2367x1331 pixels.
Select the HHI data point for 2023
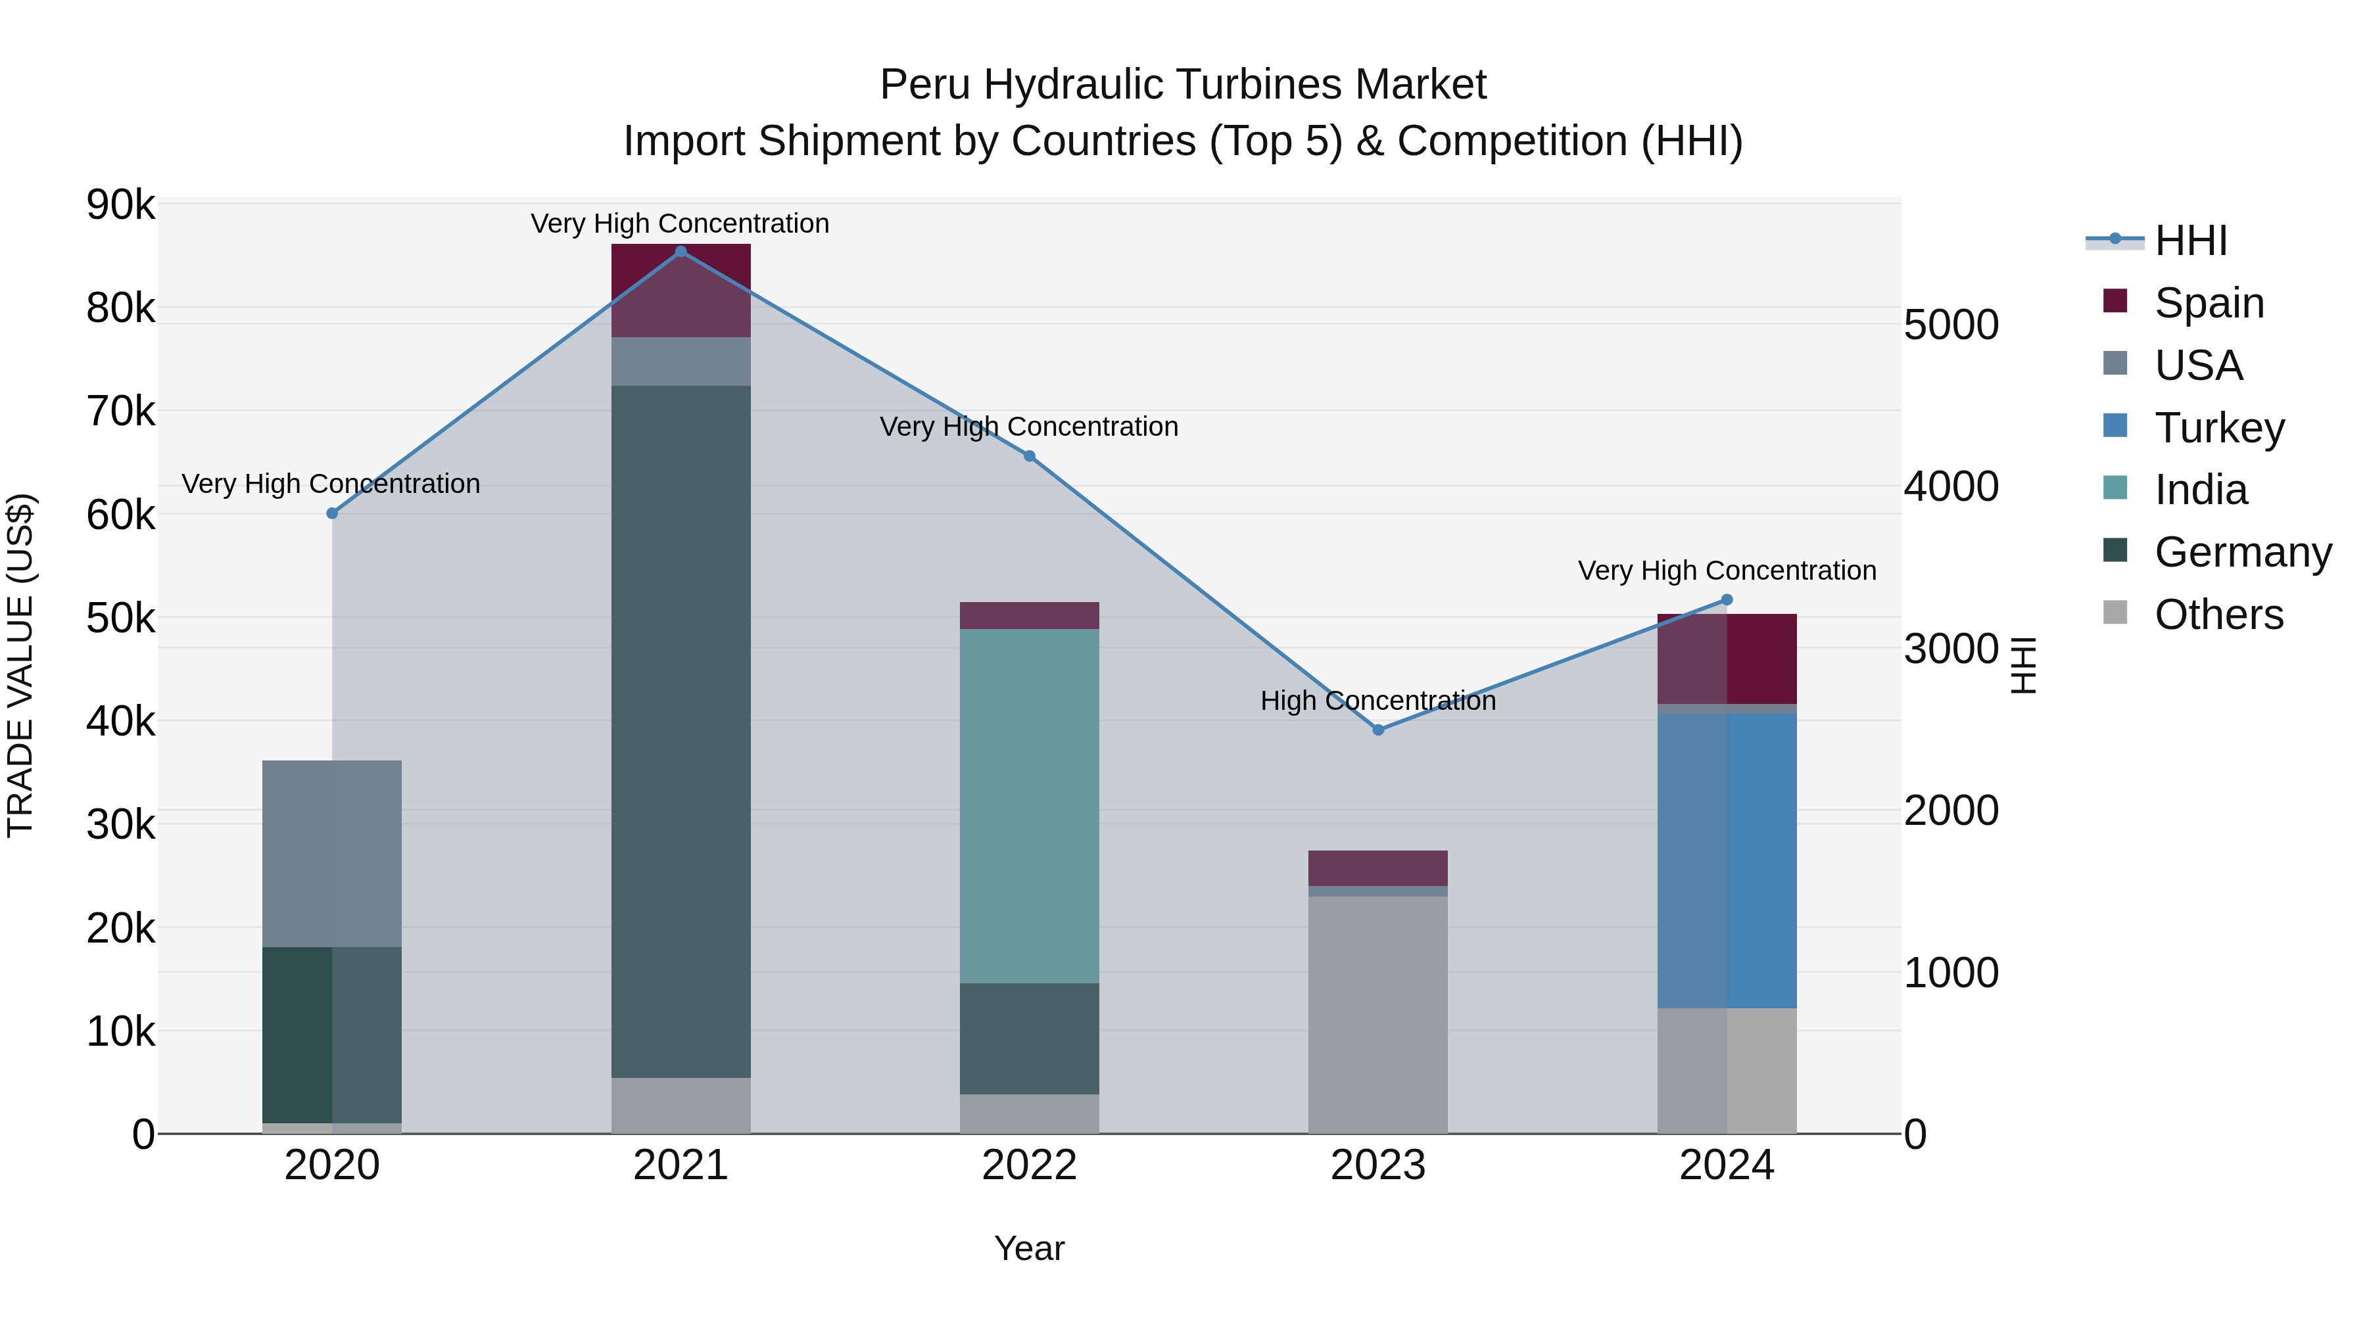[1377, 730]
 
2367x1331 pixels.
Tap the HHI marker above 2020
[333, 513]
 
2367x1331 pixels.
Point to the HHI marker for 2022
[1029, 457]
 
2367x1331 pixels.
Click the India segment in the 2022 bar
[1029, 806]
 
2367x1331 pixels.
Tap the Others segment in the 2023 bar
[1377, 1014]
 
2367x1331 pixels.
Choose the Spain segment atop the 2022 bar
[1029, 615]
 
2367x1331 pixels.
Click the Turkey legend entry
[2219, 428]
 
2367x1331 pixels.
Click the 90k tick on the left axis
[120, 205]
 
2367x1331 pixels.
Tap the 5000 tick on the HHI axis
[1951, 325]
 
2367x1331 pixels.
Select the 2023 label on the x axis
[1377, 1165]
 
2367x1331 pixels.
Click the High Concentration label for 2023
[1377, 701]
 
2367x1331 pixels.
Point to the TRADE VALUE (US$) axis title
[20, 665]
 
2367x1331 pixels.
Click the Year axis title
[1029, 1248]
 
